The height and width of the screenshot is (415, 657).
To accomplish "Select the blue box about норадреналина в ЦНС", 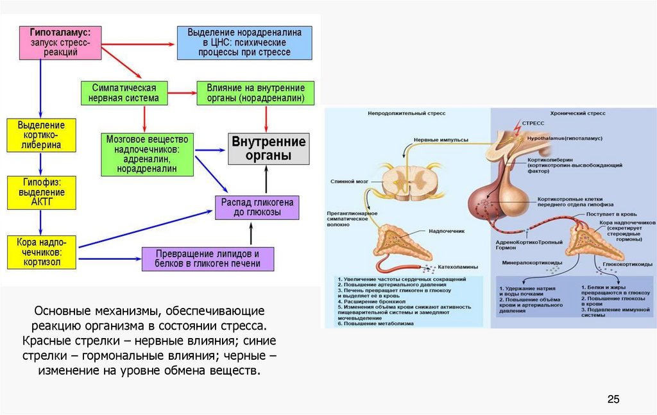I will [244, 42].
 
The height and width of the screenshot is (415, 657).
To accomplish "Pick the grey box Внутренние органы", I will [269, 148].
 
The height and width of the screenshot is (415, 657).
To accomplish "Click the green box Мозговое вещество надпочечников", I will [148, 154].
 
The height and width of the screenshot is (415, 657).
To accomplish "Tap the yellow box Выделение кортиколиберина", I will [40, 135].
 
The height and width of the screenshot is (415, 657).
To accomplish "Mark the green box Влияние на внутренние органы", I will [256, 93].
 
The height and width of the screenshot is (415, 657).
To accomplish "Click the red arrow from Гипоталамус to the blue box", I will [138, 44].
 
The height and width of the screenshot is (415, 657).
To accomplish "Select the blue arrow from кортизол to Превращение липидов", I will [108, 258].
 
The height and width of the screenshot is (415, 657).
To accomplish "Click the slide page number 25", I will [613, 400].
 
